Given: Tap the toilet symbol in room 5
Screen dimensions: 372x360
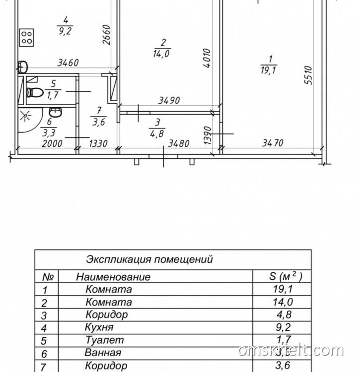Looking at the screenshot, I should pyautogui.click(x=33, y=92).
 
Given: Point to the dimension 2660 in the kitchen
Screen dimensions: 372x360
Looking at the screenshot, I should pyautogui.click(x=106, y=34).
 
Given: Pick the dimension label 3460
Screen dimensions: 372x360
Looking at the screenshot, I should pyautogui.click(x=69, y=63).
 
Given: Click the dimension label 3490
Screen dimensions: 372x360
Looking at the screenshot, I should pyautogui.click(x=168, y=101).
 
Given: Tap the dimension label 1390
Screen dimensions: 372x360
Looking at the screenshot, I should pyautogui.click(x=209, y=134).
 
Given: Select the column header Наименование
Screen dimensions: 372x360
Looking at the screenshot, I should pyautogui.click(x=113, y=277).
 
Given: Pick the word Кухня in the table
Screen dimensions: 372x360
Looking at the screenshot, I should pyautogui.click(x=99, y=327).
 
